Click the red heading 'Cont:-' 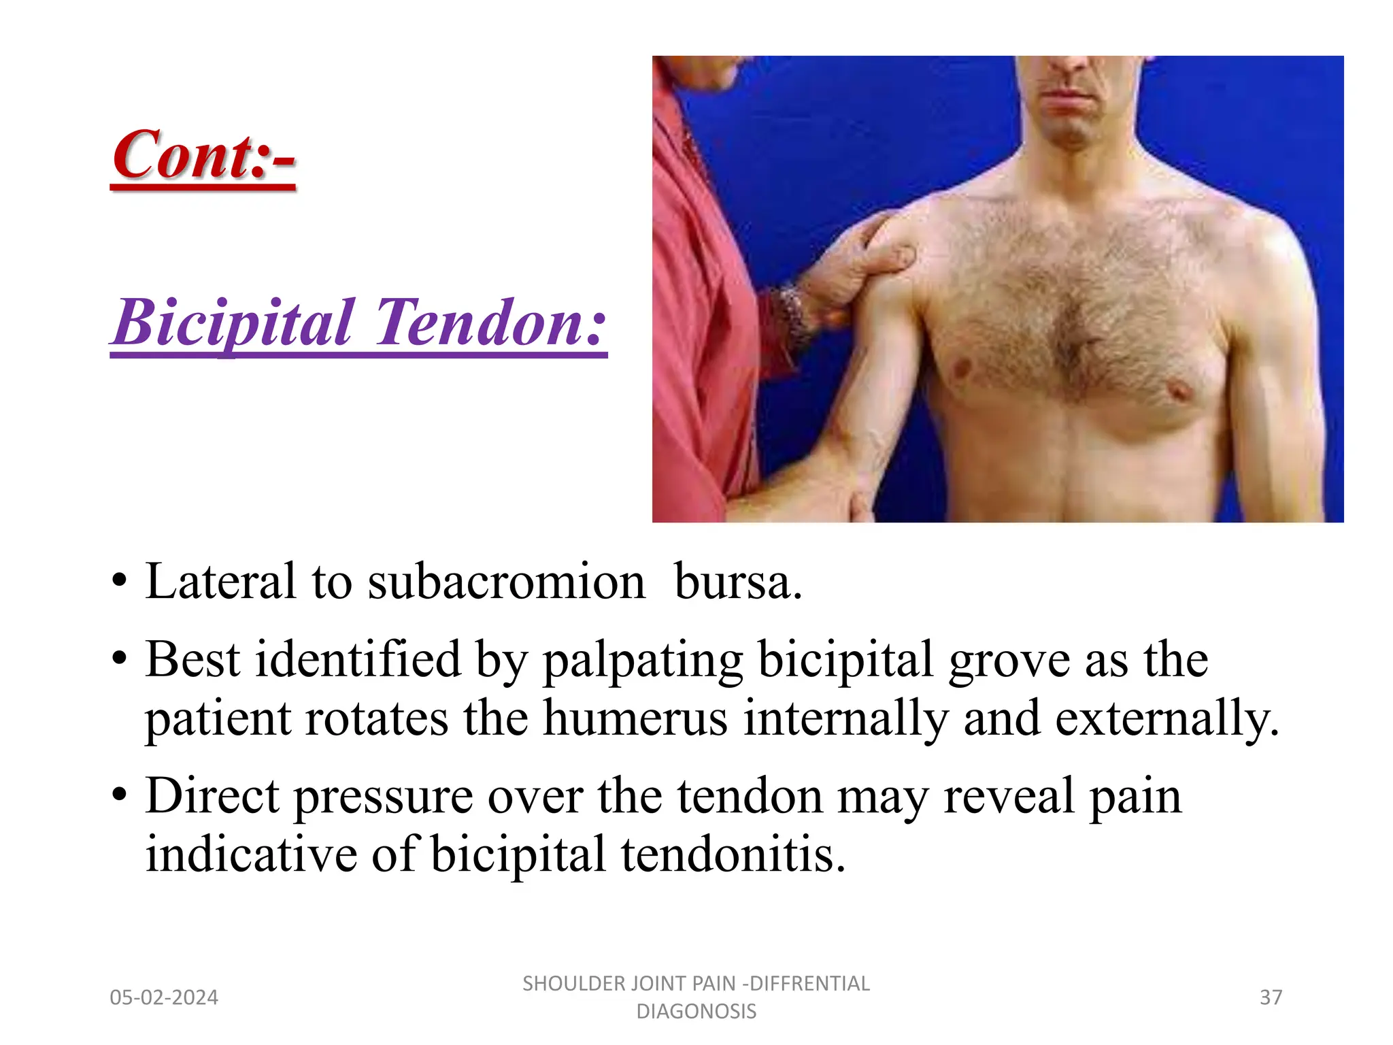click(x=203, y=156)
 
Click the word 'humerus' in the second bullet click(x=635, y=719)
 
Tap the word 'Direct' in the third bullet click(x=212, y=796)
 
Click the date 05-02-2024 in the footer click(x=164, y=997)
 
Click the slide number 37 click(x=1271, y=997)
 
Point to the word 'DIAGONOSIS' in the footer click(x=696, y=1012)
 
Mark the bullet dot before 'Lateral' click(x=120, y=582)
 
